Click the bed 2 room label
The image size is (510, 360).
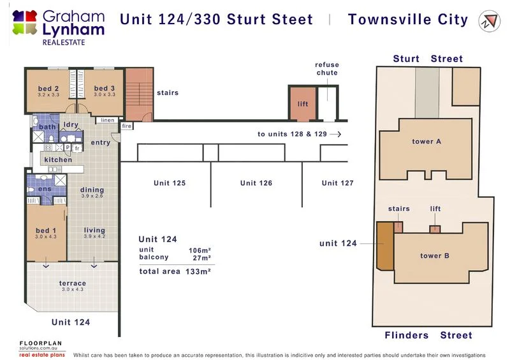48,89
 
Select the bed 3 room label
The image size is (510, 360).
104,89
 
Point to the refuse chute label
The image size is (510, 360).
327,69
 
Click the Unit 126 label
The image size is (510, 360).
256,184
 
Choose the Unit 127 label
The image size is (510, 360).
337,184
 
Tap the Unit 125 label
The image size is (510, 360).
170,184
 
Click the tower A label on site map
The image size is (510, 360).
426,141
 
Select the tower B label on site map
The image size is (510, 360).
435,256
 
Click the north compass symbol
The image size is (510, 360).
490,20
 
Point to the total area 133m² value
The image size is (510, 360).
198,271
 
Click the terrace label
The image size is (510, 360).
73,283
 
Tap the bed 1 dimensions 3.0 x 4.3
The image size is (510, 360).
45,237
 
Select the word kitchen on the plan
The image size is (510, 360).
58,160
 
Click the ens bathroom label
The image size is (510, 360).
44,189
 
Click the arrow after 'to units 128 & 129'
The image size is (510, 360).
337,134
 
